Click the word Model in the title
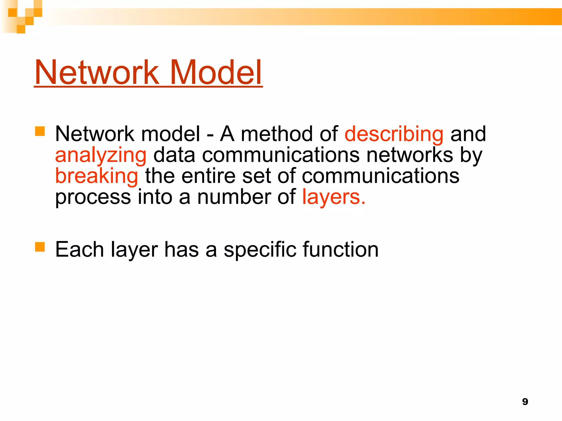216,72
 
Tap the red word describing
394,134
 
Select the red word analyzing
101,155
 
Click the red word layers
333,197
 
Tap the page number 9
525,402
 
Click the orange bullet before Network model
40,131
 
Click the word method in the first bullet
277,134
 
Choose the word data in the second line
174,155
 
